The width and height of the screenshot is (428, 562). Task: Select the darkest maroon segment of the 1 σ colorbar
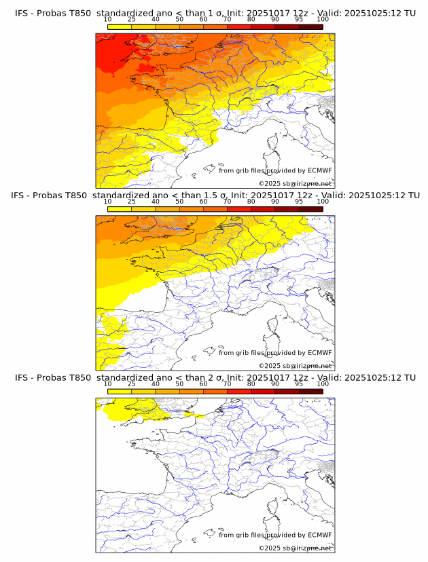click(x=310, y=26)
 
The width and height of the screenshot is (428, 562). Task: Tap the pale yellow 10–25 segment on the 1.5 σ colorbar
click(x=120, y=209)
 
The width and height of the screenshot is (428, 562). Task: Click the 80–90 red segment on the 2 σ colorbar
click(x=263, y=391)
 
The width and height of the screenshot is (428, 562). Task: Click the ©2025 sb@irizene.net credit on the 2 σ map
click(x=295, y=548)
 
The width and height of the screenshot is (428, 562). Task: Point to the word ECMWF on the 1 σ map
click(x=320, y=170)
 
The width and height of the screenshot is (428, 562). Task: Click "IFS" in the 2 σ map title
click(x=22, y=377)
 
